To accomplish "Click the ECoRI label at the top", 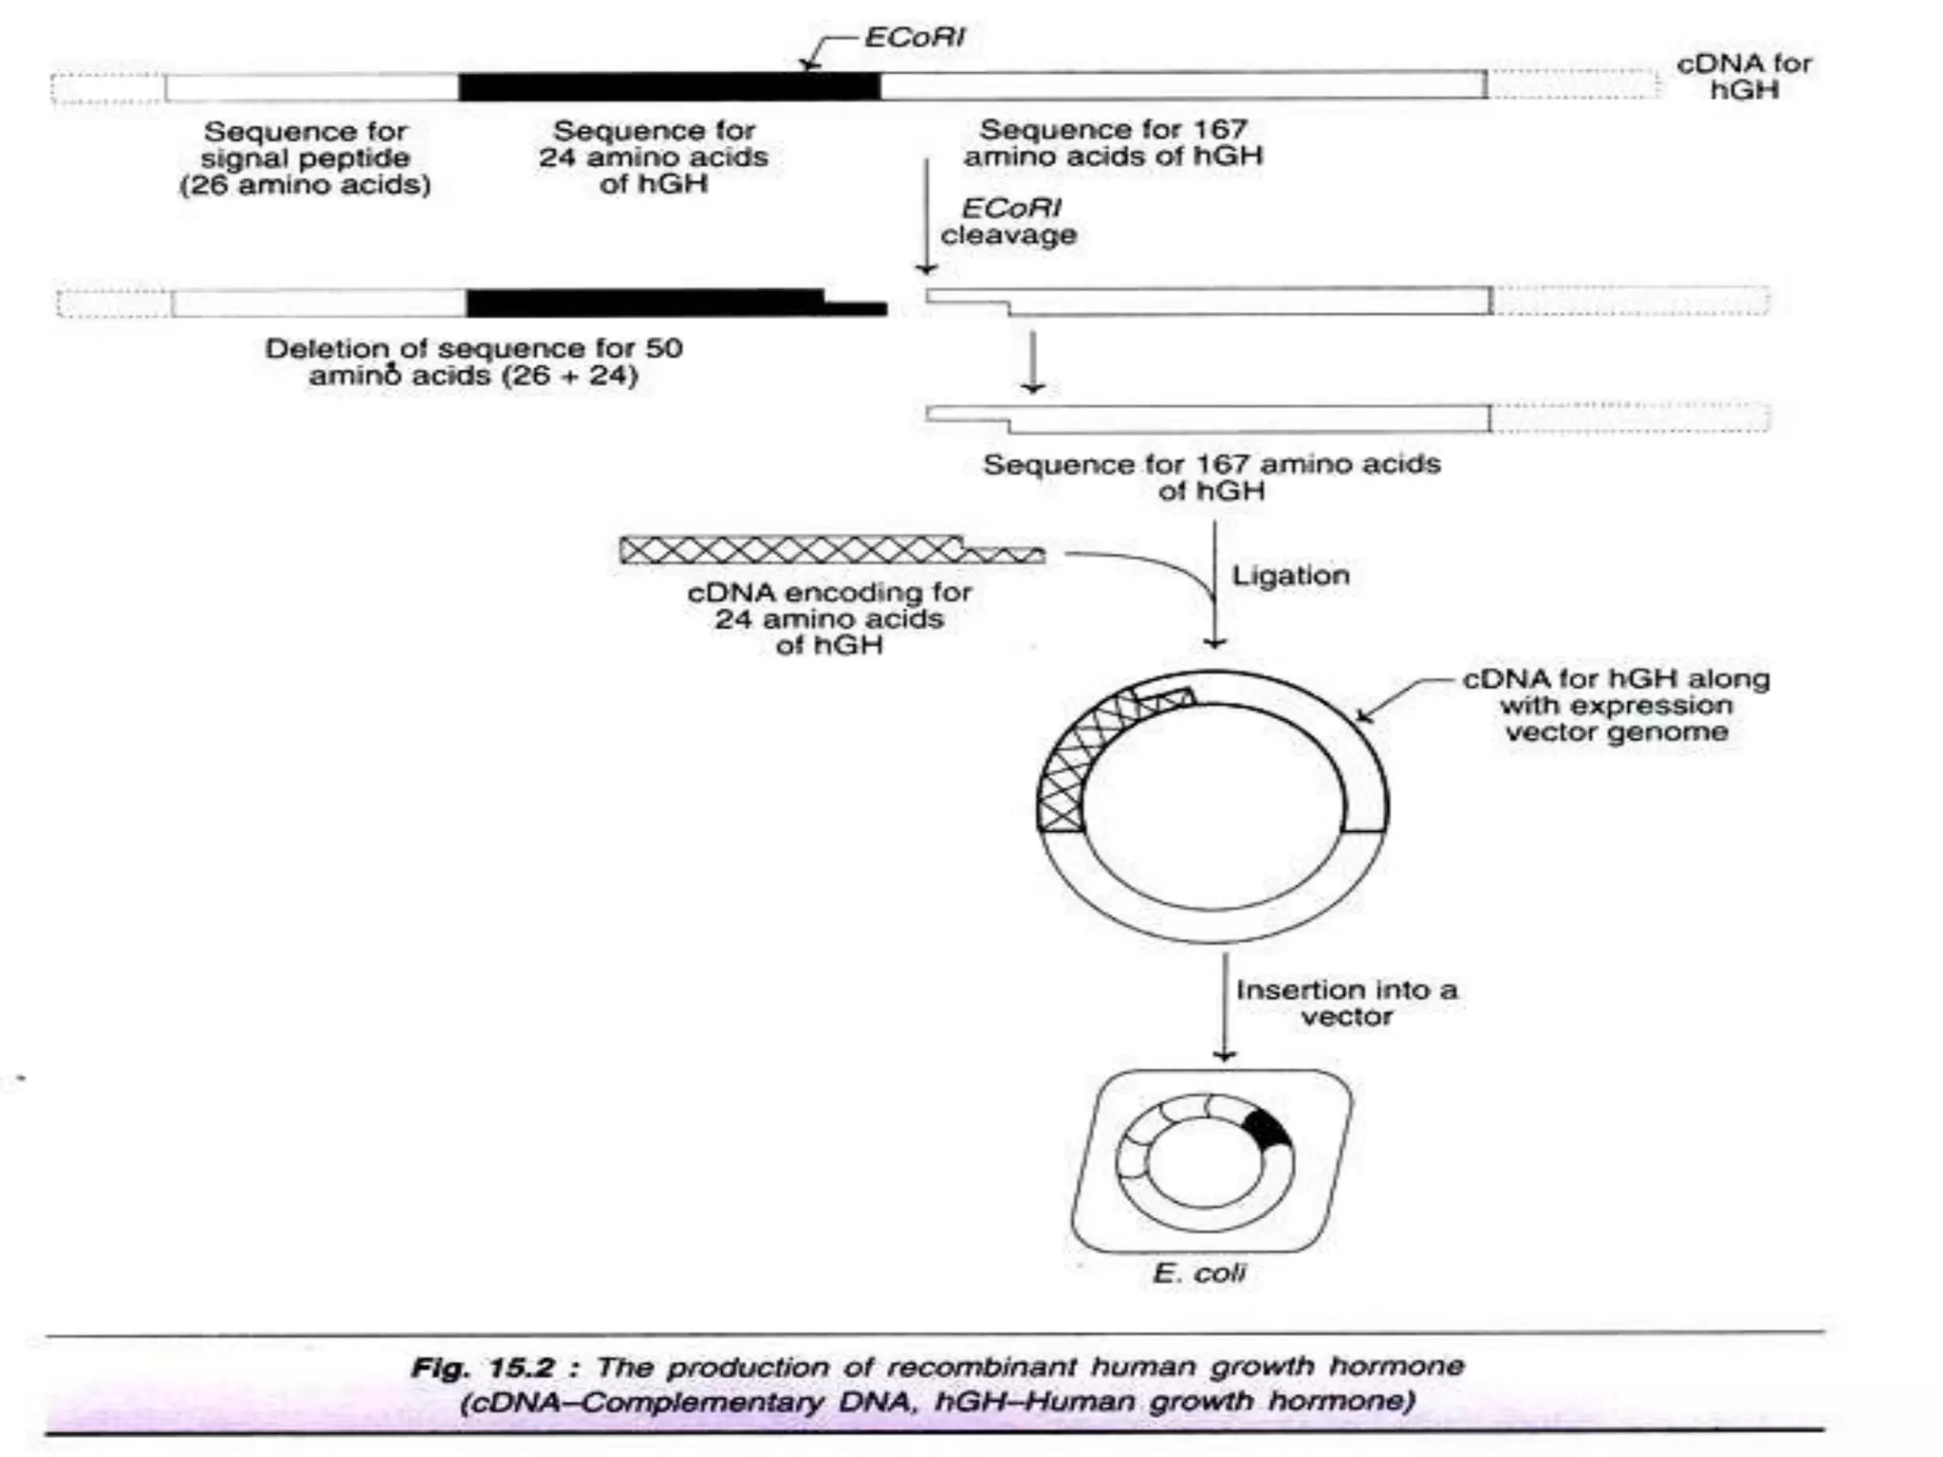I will (914, 38).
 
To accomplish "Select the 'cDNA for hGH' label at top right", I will (1743, 76).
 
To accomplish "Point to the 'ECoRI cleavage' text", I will (1009, 221).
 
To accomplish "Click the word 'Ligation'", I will (1289, 576).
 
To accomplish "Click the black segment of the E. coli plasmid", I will (1266, 1130).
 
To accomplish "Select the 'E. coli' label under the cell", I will (1198, 1273).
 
